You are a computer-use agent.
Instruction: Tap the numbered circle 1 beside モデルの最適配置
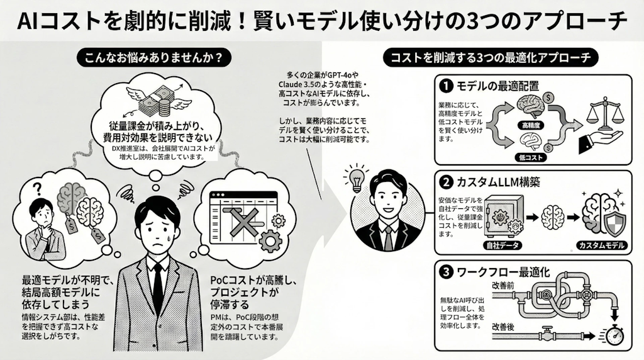445,84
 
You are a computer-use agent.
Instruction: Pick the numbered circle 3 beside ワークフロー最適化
445,273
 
